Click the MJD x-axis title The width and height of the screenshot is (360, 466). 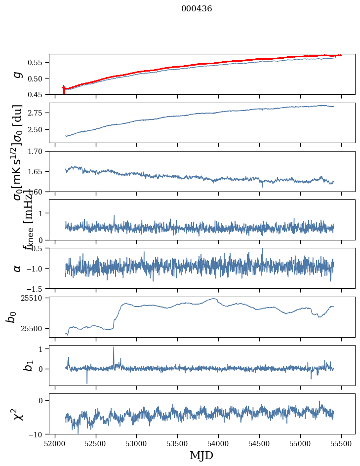(x=201, y=456)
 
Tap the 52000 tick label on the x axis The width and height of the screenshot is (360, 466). (x=55, y=444)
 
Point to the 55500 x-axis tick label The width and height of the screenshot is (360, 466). (x=341, y=444)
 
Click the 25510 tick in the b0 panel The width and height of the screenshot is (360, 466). (x=34, y=298)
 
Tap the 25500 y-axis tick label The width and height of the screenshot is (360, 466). (x=34, y=328)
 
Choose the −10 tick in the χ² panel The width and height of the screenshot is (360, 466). (x=38, y=434)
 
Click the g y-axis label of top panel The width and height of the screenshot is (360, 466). (x=18, y=75)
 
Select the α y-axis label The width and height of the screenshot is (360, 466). (x=18, y=268)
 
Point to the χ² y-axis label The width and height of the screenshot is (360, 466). (x=18, y=415)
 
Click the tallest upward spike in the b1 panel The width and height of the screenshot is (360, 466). (x=114, y=348)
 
